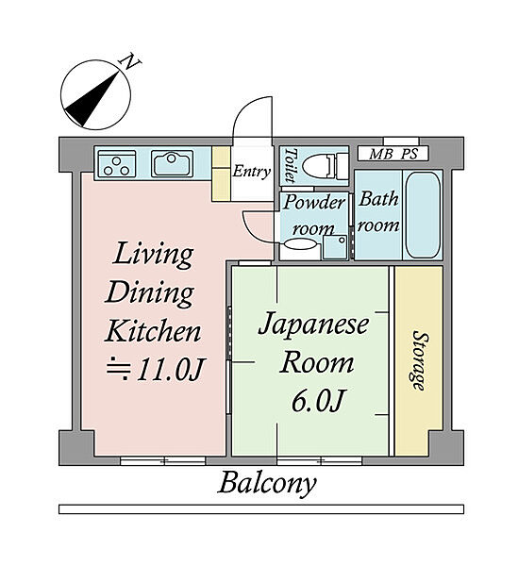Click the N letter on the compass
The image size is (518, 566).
[x=130, y=62]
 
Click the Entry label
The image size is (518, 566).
[x=251, y=172]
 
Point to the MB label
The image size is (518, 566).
[x=381, y=154]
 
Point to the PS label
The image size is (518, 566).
[x=409, y=154]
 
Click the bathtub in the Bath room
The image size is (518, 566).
[x=423, y=214]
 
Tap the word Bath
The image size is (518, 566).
[x=378, y=199]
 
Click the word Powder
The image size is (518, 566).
[x=313, y=203]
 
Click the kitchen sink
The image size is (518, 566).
[x=172, y=163]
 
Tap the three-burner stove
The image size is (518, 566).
[x=117, y=163]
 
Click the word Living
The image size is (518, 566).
[x=153, y=256]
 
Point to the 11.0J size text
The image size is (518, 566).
[x=156, y=369]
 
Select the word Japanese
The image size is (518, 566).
[x=313, y=325]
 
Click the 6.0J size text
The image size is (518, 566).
[x=317, y=401]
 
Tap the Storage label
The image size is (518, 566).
[x=420, y=360]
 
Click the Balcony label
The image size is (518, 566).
[x=267, y=484]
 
